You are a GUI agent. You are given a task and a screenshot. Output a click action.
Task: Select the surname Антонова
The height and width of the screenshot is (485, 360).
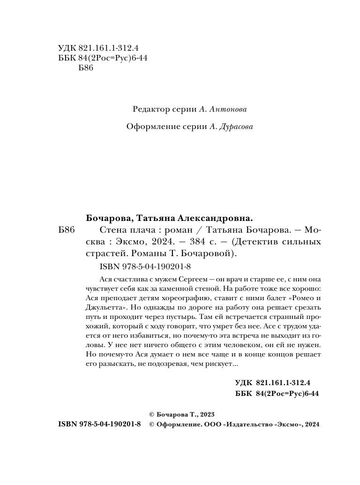click(227, 109)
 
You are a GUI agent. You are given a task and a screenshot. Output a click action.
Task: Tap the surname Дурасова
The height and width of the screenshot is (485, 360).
click(232, 127)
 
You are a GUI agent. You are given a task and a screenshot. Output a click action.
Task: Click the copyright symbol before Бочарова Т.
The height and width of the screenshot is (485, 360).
click(151, 415)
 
